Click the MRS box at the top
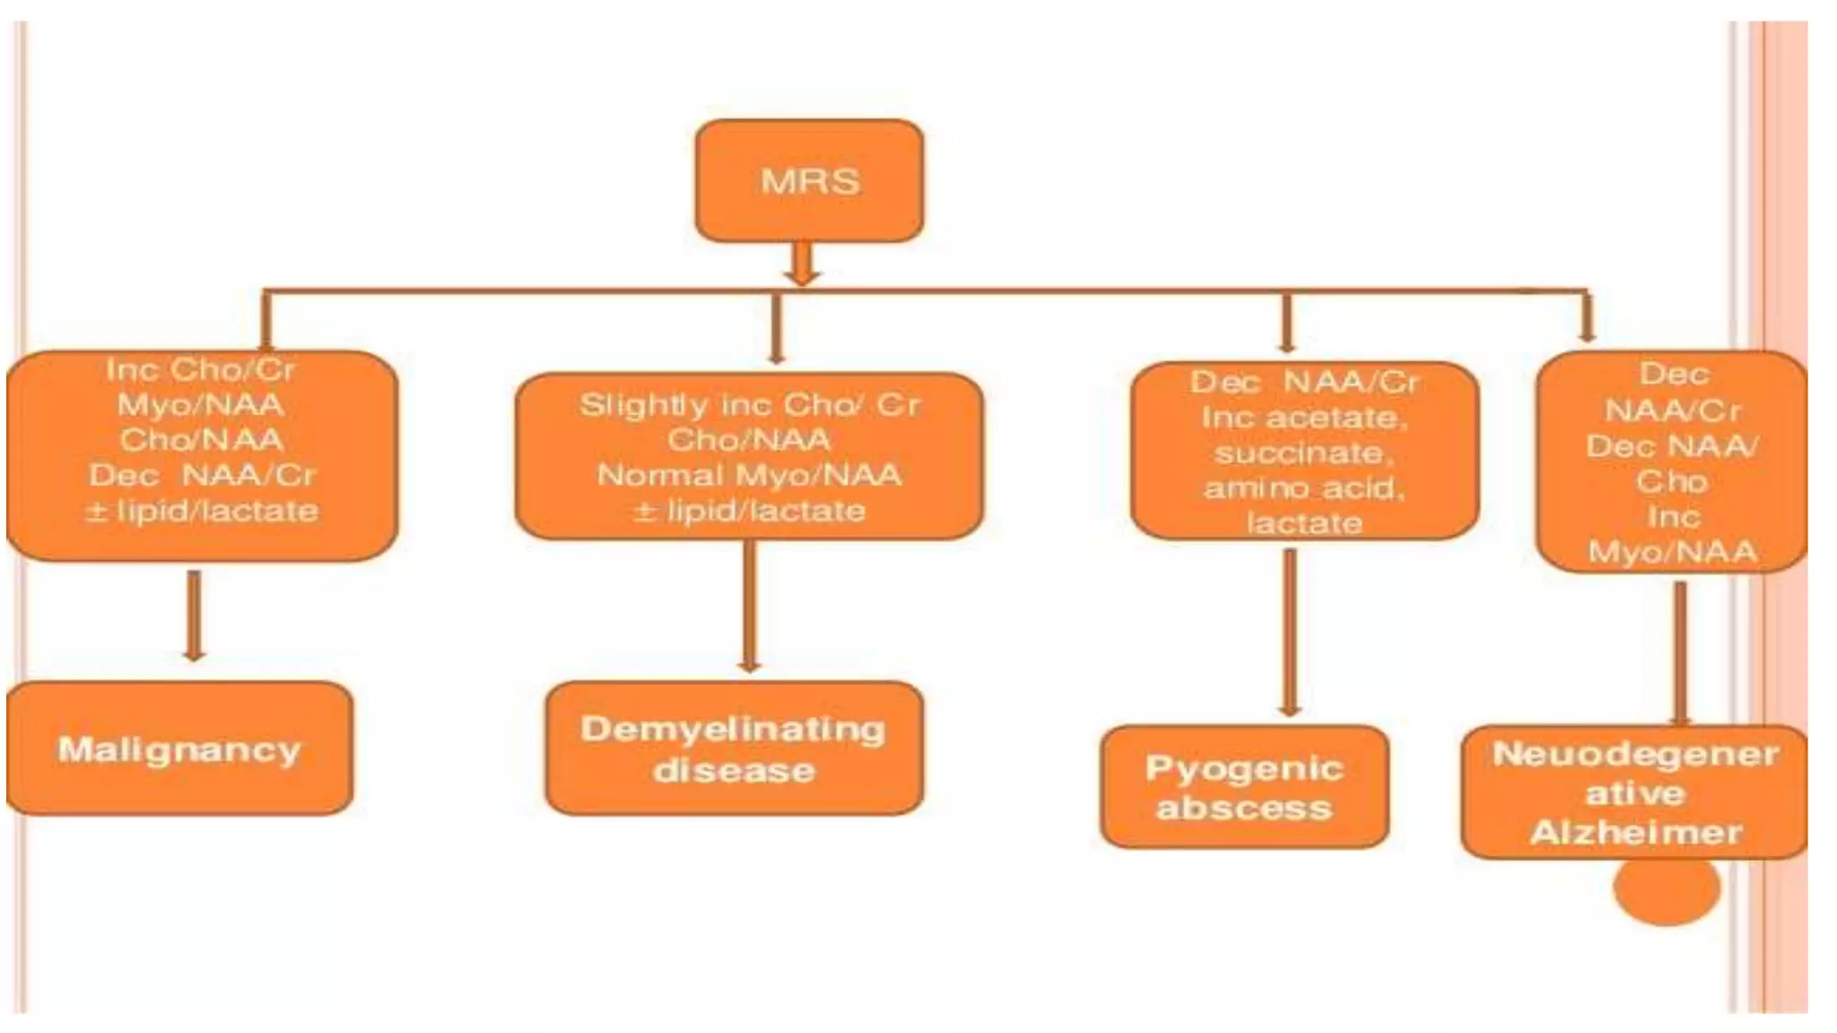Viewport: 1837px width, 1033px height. click(x=809, y=180)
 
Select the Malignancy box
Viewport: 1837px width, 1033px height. click(x=179, y=748)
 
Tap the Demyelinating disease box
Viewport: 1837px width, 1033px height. click(x=734, y=748)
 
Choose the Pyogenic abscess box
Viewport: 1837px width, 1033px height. click(x=1244, y=787)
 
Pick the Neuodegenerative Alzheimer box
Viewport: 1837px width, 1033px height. click(x=1634, y=793)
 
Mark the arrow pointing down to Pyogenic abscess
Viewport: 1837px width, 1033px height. click(x=1290, y=632)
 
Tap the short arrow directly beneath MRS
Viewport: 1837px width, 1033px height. click(x=802, y=264)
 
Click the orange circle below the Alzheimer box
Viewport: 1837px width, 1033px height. click(x=1667, y=889)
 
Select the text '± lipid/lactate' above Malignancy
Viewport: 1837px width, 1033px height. click(x=202, y=511)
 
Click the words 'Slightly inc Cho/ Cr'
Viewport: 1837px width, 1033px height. click(x=750, y=404)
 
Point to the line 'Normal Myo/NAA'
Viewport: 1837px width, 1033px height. click(x=750, y=474)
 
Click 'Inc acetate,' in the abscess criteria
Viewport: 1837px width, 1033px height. click(x=1304, y=418)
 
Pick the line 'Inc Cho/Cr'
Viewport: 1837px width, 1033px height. click(x=201, y=369)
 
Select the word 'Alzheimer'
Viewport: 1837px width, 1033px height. click(x=1636, y=832)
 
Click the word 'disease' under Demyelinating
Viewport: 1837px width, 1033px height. click(x=734, y=770)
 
